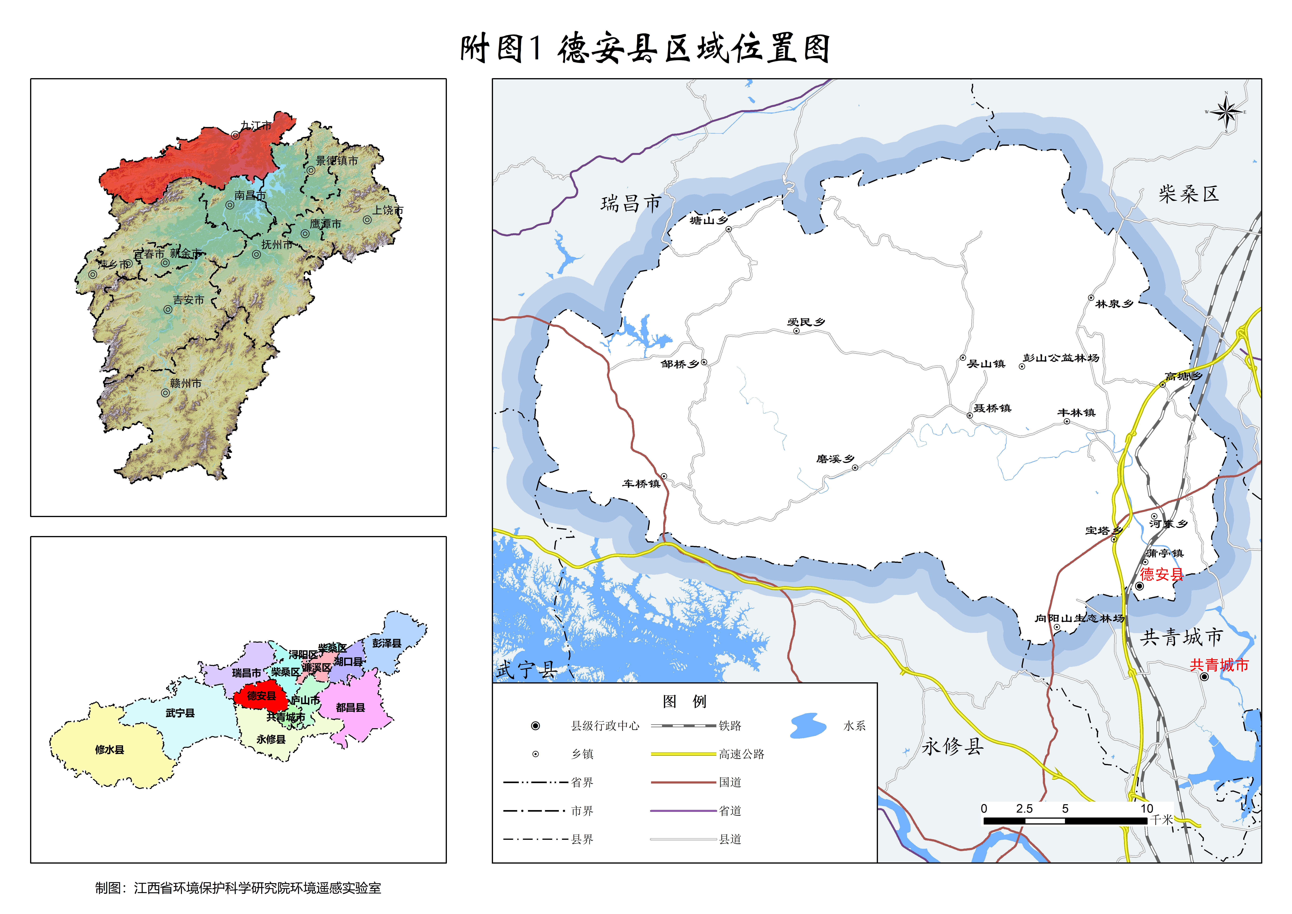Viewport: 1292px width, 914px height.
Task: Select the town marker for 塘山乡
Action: (728, 229)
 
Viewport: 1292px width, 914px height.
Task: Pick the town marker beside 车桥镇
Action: (664, 476)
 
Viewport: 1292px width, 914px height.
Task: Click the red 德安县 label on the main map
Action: (1161, 574)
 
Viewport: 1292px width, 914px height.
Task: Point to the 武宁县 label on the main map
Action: (526, 670)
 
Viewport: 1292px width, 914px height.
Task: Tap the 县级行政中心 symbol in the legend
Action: (535, 726)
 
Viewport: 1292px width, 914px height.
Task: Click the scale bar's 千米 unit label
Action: (1161, 820)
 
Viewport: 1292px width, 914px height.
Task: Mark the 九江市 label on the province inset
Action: (256, 125)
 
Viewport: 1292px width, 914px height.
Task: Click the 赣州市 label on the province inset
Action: (186, 383)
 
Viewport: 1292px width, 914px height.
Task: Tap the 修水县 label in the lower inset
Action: (110, 750)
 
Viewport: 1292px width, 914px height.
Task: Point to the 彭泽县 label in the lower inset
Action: (387, 643)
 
